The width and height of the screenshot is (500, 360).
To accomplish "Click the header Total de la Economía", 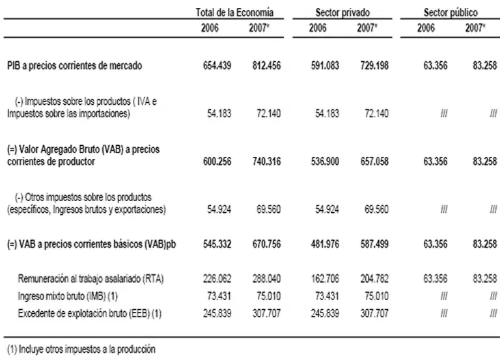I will point(235,12).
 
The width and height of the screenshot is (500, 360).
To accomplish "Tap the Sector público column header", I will point(451,12).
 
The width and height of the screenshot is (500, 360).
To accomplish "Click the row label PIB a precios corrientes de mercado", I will point(75,66).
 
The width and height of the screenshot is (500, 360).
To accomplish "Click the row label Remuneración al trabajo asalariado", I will point(90,278).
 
